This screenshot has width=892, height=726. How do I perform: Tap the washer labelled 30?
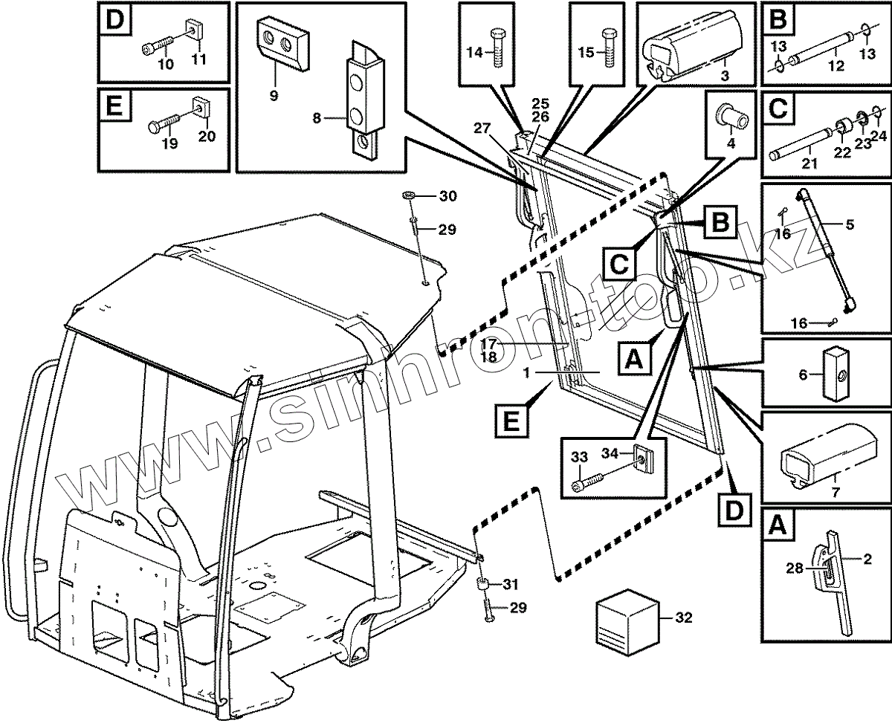(x=410, y=196)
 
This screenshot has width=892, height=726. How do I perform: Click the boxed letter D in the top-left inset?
(x=115, y=21)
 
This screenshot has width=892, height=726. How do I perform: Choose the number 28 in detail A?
(x=795, y=569)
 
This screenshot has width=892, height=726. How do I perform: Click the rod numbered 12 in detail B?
(x=825, y=51)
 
